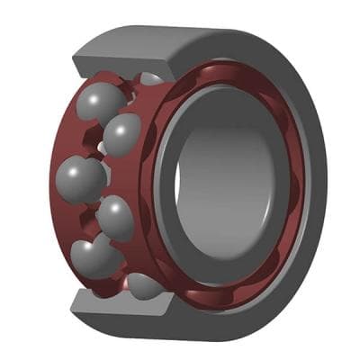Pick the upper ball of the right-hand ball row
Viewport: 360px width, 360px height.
point(122,134)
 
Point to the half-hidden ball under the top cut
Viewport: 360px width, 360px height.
point(151,79)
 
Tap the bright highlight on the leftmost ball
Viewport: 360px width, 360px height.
point(70,167)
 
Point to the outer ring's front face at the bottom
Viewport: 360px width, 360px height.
point(234,315)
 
